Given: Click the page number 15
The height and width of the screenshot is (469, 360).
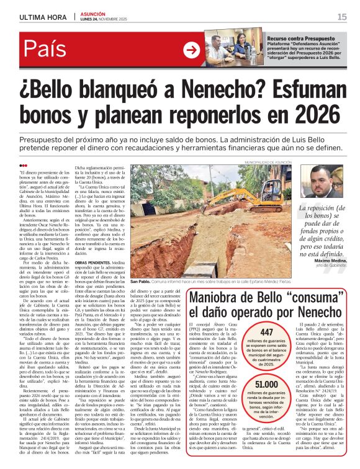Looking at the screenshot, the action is click(342, 17).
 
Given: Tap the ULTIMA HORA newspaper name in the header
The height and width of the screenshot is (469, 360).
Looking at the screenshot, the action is click(42, 17).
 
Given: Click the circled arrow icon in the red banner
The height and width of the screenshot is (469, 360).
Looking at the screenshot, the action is click(193, 50).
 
